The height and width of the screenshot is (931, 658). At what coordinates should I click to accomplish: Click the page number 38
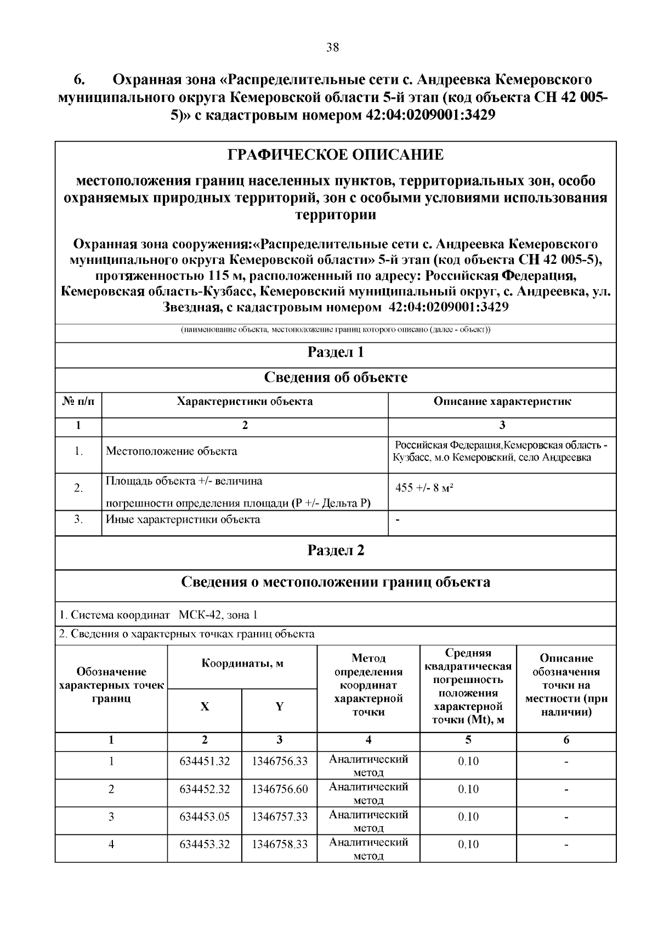[332, 47]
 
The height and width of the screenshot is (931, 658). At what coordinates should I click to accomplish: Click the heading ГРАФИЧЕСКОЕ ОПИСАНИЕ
[336, 155]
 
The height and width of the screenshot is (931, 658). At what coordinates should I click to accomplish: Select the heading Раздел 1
[336, 352]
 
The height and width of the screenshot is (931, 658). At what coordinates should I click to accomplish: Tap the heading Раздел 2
[336, 551]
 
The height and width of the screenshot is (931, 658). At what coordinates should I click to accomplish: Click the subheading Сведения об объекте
[336, 377]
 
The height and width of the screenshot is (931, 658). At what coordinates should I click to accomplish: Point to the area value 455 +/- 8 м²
[424, 488]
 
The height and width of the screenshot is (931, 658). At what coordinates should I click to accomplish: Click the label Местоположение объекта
[171, 452]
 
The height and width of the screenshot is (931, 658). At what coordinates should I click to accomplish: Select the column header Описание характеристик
[502, 402]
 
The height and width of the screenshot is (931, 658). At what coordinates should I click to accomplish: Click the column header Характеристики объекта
[245, 402]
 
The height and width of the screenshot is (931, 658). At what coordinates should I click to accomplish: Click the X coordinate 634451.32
[205, 761]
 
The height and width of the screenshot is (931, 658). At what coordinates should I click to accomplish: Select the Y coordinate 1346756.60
[280, 789]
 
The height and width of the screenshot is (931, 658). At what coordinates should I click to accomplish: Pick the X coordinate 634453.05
[205, 817]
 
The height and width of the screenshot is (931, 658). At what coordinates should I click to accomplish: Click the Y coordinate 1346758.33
[280, 844]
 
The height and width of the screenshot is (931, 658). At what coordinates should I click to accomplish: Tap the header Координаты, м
[242, 663]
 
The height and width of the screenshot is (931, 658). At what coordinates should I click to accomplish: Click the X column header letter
[205, 707]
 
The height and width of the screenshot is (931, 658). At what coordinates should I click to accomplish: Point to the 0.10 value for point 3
[468, 817]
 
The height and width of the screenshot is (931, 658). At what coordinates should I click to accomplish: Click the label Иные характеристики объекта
[183, 520]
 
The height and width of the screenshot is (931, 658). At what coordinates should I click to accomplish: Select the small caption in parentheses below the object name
[336, 330]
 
